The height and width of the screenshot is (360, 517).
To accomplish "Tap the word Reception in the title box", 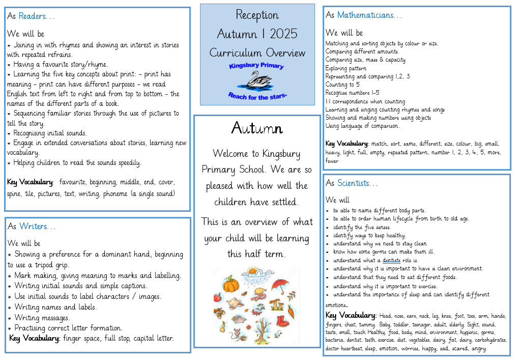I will coord(257,15).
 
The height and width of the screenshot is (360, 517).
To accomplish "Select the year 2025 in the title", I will coord(283,34).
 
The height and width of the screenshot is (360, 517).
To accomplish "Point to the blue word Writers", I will coord(33,226).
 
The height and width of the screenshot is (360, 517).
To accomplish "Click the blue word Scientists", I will coord(357,183).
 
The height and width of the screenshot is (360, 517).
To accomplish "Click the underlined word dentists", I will coord(391,260).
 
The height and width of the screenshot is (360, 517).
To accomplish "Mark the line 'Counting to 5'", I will coord(342,85).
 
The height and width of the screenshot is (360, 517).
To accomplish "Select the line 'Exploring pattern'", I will coord(346,68).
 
